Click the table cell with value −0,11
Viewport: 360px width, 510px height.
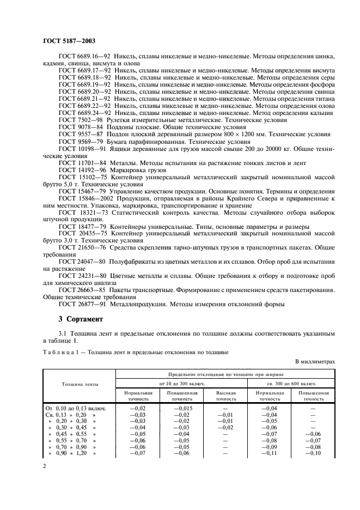(269, 453)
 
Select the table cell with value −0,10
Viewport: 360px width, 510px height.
(313, 453)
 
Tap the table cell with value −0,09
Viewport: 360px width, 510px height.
(269, 446)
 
